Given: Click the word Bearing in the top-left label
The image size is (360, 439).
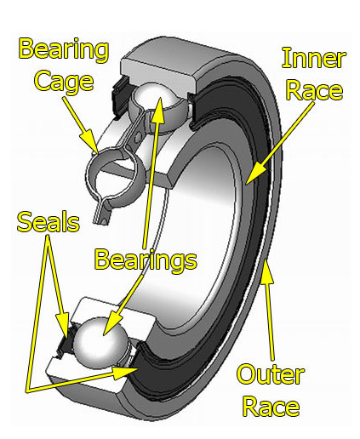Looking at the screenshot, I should (x=65, y=49).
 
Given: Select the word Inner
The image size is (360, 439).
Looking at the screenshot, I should (x=313, y=59).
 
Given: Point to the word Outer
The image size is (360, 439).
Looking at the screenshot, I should (x=270, y=374).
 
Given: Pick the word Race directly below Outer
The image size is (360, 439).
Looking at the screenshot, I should (x=271, y=406).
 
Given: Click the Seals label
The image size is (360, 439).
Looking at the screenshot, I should (x=49, y=223).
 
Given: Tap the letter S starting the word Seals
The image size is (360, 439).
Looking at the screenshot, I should (x=25, y=224).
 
